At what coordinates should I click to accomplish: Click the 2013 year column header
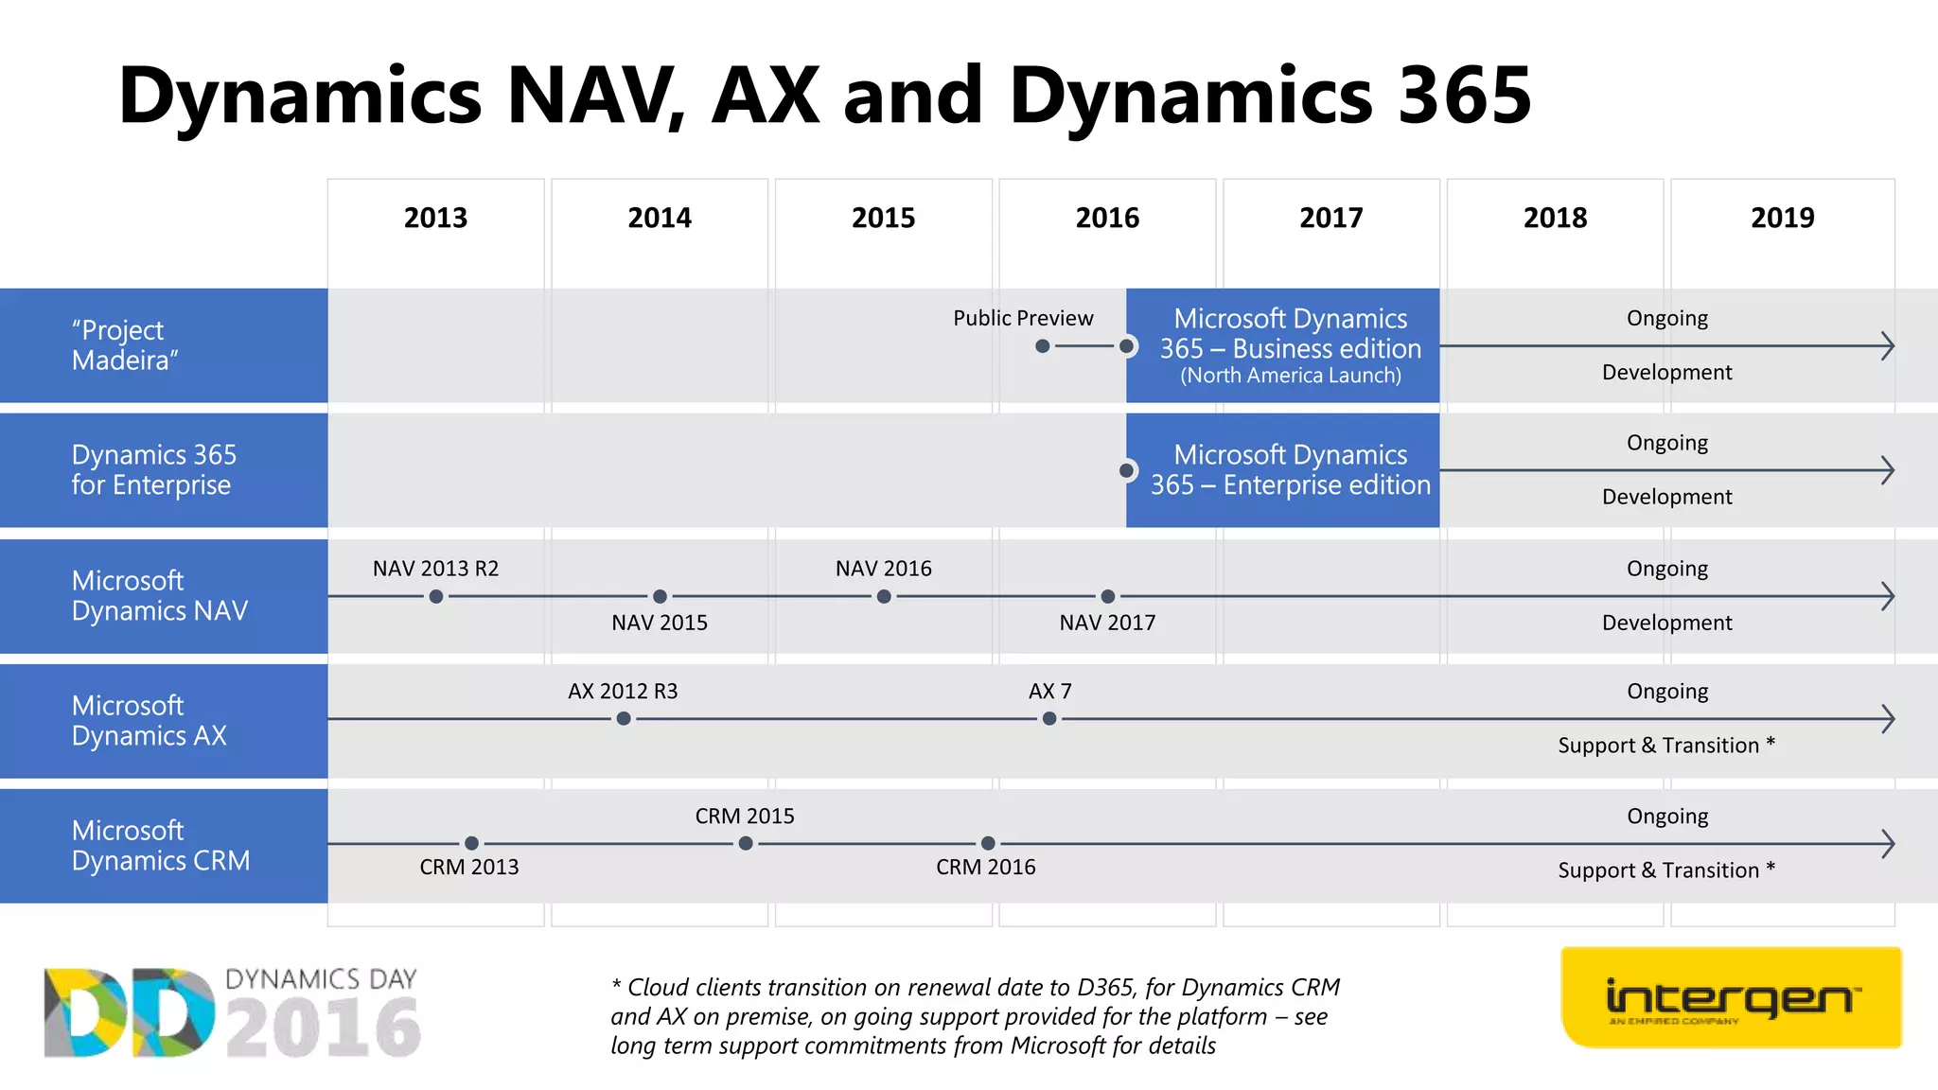435,218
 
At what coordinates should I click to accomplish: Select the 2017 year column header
1330,218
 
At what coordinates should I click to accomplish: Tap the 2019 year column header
1782,218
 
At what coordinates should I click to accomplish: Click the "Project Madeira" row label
124,345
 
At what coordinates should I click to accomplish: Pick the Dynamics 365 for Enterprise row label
153,470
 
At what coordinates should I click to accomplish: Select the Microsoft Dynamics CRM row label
161,845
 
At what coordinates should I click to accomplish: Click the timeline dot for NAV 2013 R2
435,596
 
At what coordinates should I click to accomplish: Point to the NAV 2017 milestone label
1107,623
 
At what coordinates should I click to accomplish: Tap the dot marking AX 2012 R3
624,719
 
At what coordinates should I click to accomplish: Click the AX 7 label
1049,692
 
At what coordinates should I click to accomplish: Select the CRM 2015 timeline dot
746,843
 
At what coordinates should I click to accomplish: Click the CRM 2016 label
985,867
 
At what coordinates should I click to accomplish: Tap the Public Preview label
1022,318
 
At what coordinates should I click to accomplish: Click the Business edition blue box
1290,346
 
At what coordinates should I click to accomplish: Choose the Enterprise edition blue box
1290,470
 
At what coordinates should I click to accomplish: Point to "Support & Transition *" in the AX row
1665,746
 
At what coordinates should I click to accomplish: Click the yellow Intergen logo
1731,998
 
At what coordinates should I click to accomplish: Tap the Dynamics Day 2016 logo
232,1012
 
